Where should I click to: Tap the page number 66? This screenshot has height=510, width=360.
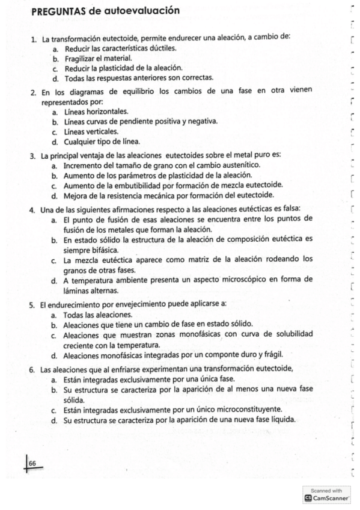(x=32, y=463)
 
